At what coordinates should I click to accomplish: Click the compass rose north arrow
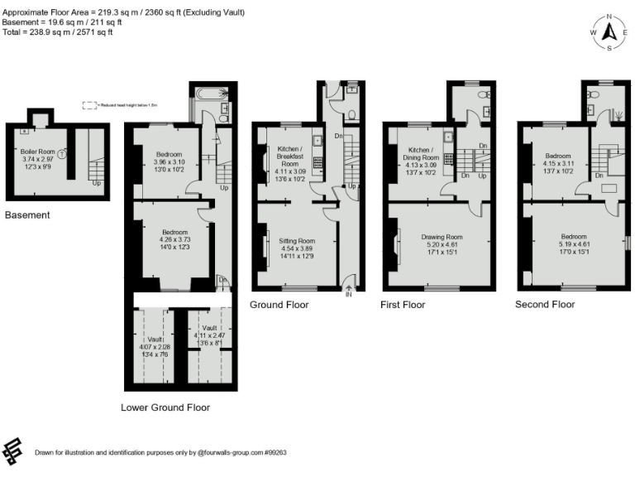point(610,32)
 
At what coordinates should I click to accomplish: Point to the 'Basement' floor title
point(27,215)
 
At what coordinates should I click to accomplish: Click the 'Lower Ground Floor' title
point(165,407)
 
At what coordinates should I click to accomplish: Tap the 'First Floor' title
point(403,305)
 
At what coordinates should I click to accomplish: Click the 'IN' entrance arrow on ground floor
point(348,290)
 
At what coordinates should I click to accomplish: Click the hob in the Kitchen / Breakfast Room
point(317,161)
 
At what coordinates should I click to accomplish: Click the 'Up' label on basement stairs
point(98,182)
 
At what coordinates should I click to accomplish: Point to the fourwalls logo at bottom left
point(14,452)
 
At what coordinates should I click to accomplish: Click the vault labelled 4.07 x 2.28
point(155,345)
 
